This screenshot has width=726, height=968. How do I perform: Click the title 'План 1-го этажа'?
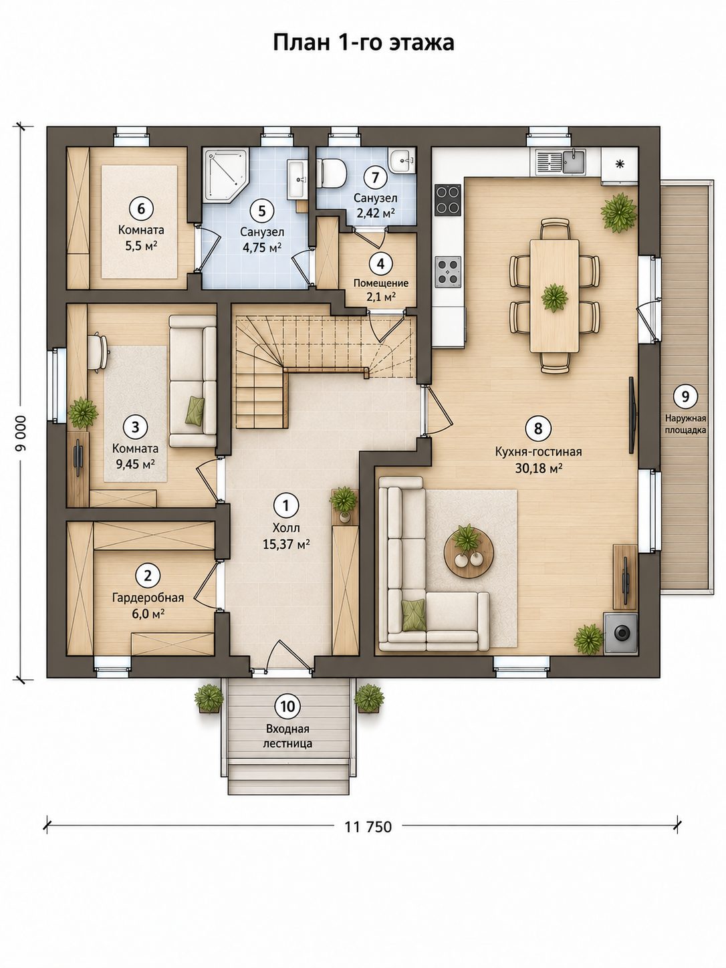tap(363, 43)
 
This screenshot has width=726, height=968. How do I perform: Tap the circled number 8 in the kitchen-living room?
tap(537, 427)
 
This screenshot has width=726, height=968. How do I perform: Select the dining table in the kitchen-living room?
tap(555, 295)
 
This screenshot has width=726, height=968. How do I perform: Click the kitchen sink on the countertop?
tap(574, 162)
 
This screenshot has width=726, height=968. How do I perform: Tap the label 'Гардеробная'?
tap(148, 598)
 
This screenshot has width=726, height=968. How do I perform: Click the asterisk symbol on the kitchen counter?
tap(620, 164)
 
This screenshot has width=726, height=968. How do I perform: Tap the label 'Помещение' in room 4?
tap(381, 283)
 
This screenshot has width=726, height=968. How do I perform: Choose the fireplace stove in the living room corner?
tap(621, 633)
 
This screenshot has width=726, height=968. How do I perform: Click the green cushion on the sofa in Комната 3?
tap(195, 411)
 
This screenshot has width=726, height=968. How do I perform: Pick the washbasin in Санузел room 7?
tap(402, 161)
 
